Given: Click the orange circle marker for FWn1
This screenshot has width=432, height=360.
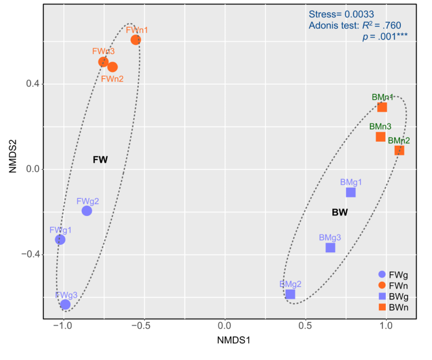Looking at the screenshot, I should tap(135, 40).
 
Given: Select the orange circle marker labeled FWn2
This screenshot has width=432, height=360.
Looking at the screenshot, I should tap(112, 67).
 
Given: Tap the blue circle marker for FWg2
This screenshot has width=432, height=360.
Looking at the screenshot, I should tap(87, 210).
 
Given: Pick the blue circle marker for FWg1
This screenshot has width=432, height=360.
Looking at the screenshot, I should tap(60, 240).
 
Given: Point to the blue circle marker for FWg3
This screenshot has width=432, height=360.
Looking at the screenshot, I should tap(65, 304).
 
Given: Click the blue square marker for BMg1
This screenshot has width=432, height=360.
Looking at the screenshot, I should tap(351, 192).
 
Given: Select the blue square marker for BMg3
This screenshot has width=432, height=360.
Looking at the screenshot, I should tap(330, 248).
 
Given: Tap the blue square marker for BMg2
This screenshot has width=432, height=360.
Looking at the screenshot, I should tap(290, 294).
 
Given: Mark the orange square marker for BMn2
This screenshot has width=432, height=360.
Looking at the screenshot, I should tap(399, 150).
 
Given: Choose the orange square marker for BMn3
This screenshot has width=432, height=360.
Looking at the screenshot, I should tap(380, 137).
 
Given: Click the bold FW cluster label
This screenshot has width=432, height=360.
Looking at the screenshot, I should tap(100, 160).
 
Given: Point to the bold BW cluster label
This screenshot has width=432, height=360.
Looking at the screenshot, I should tap(340, 212).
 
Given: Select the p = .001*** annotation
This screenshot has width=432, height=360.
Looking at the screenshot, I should tap(385, 36).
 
